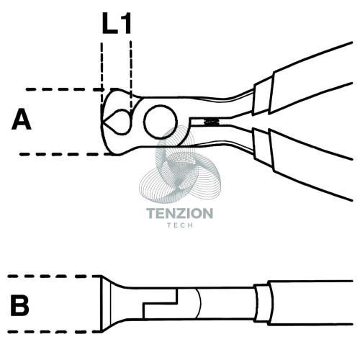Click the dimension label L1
click(117, 23)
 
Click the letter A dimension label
click(22, 120)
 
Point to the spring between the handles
click(211, 122)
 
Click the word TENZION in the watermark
click(179, 213)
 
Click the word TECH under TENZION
click(180, 225)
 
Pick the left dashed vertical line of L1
click(102, 77)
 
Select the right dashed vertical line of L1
click(131, 76)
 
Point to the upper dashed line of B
click(54, 276)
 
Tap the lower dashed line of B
click(54, 332)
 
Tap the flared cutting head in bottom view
click(113, 304)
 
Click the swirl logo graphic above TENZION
click(180, 166)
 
